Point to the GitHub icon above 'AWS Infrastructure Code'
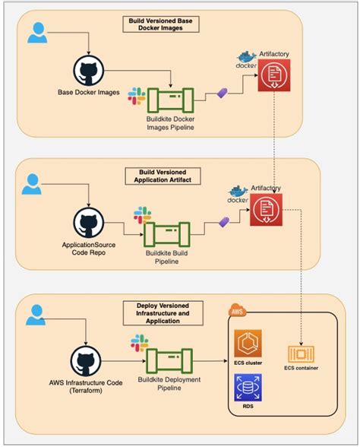(89, 362)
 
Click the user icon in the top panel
(36, 33)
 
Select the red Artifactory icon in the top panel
(273, 76)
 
